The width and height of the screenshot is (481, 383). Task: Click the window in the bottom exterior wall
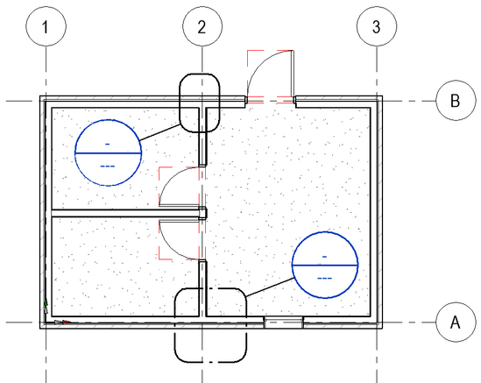point(284,323)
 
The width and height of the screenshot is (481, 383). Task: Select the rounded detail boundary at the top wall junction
point(180,103)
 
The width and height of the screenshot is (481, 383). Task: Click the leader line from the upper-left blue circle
point(159,132)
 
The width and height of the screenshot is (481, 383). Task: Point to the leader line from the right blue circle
point(270,287)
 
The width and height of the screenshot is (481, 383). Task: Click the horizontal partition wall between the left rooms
point(125,213)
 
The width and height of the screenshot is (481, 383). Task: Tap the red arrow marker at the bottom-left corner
point(67,322)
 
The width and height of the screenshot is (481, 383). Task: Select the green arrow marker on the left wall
point(46,303)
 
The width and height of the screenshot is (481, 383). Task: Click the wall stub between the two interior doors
point(202,213)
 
